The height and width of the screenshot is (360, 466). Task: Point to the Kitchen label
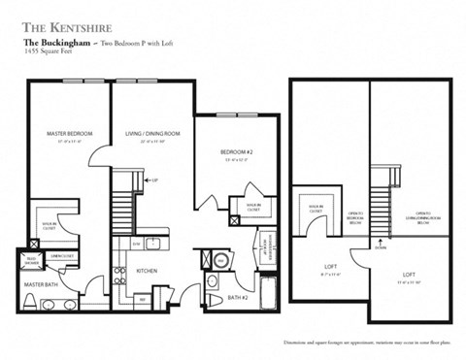pyautogui.click(x=147, y=271)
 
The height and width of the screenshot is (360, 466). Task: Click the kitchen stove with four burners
pyautogui.click(x=120, y=275)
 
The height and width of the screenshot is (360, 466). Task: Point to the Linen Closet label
pyautogui.click(x=64, y=255)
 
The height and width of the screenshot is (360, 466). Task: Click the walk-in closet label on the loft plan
pyautogui.click(x=315, y=207)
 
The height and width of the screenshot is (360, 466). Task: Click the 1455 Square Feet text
pyautogui.click(x=49, y=61)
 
